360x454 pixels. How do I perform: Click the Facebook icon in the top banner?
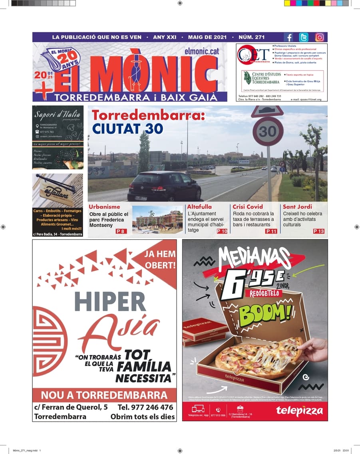click(288, 38)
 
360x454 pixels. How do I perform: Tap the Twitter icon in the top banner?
click(304, 38)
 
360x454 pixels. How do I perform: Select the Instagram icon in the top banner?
click(320, 38)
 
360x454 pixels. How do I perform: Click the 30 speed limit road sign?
click(268, 131)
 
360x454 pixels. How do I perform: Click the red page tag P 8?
click(121, 231)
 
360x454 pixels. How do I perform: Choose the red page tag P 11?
click(271, 231)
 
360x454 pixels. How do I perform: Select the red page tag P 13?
click(318, 231)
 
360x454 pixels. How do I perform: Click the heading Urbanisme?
click(104, 207)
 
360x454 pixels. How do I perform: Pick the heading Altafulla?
click(199, 207)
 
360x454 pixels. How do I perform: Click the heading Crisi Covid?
click(248, 207)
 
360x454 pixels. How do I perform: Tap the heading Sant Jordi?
click(298, 207)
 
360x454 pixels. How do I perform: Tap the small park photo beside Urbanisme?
click(157, 219)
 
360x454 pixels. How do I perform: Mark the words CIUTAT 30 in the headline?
click(127, 129)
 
